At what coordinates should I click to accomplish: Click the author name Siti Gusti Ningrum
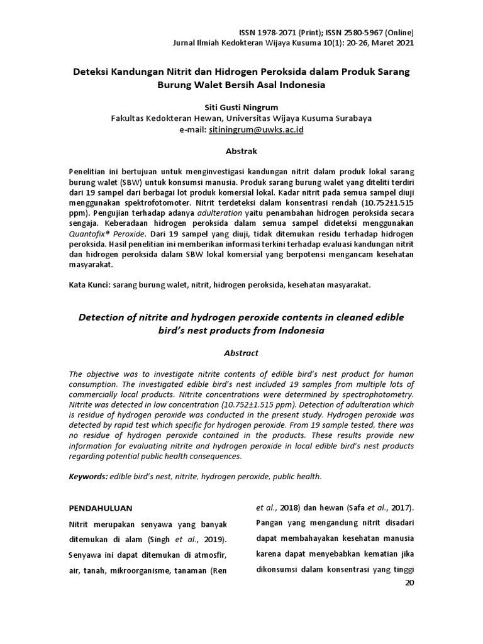pos(241,106)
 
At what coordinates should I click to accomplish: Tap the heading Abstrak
pos(241,151)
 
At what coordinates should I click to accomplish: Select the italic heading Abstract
pos(241,353)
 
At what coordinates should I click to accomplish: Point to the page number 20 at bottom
pos(409,583)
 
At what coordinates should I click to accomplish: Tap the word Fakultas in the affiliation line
pos(130,118)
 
